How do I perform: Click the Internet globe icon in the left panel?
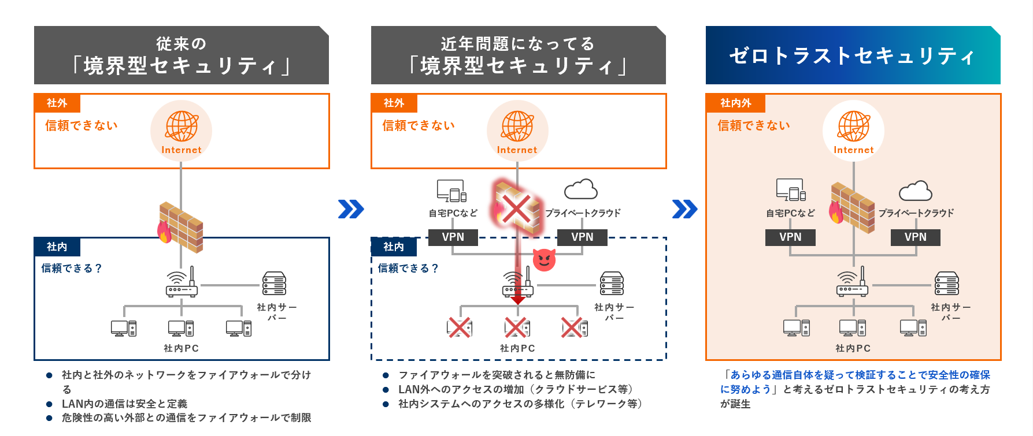[x=182, y=126]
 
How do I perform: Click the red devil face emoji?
[x=544, y=260]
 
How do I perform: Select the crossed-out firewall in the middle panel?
[x=517, y=208]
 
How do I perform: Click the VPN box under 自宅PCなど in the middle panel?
[x=453, y=237]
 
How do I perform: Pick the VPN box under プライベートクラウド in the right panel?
[x=915, y=237]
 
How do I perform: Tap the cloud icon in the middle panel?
[x=580, y=189]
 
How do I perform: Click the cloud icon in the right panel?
[x=915, y=191]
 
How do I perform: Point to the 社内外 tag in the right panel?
[x=735, y=103]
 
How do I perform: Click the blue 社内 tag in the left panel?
[x=57, y=247]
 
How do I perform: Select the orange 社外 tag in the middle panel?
[x=394, y=103]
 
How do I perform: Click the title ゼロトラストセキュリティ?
[x=852, y=55]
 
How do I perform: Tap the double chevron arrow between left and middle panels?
[x=351, y=209]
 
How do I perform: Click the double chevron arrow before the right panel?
[x=685, y=209]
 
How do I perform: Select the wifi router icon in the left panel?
[x=182, y=282]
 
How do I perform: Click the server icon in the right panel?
[x=946, y=284]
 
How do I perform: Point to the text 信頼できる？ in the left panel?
[x=72, y=268]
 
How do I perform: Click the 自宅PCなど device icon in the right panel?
[x=790, y=189]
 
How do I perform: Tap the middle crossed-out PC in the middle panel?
[x=516, y=327]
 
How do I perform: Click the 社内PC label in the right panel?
[x=853, y=348]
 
